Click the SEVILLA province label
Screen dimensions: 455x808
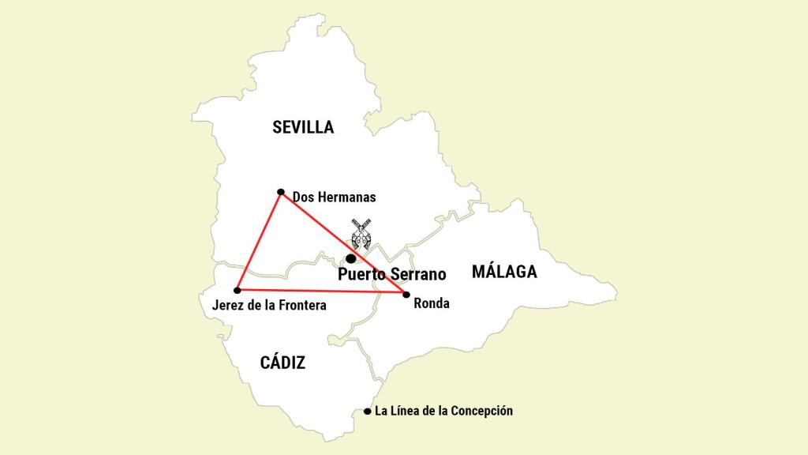pos(303,127)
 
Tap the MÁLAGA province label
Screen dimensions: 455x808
pos(504,272)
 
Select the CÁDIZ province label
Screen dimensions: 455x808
pos(282,363)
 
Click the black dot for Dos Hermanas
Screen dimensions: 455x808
pos(281,192)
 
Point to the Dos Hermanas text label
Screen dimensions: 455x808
pos(334,197)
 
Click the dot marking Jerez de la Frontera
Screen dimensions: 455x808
pos(238,291)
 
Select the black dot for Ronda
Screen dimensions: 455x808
pos(406,295)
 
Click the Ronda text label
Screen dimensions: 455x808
pos(431,303)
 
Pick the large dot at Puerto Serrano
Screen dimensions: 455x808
pos(351,258)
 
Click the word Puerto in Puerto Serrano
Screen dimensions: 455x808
pos(361,275)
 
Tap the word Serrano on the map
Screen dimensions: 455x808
pos(417,275)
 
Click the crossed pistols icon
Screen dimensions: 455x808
pos(362,234)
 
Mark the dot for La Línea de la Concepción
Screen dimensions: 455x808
pos(368,412)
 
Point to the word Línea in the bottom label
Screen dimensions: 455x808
pos(406,411)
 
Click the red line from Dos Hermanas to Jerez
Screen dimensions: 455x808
pos(259,241)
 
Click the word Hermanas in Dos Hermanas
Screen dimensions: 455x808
pos(347,197)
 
